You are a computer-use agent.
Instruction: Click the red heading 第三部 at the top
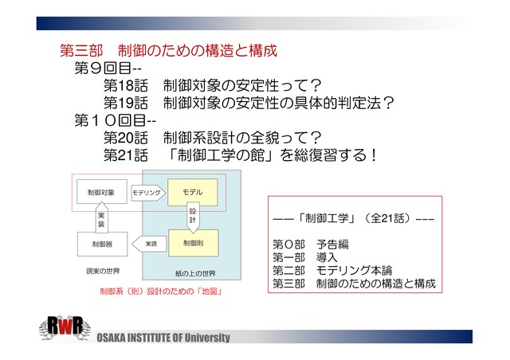(81, 51)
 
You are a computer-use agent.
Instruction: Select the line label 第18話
(126, 85)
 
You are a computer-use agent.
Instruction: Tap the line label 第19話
(126, 103)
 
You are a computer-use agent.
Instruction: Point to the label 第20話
(126, 138)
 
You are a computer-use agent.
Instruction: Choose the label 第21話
(126, 155)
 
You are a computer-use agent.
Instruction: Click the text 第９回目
(103, 68)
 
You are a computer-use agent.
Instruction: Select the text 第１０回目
(110, 120)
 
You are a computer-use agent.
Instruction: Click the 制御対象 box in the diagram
(102, 192)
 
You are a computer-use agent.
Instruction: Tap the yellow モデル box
(193, 192)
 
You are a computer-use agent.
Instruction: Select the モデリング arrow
(148, 193)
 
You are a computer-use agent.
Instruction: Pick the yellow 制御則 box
(193, 243)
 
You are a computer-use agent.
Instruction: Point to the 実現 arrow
(149, 244)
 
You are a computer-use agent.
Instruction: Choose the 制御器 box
(102, 244)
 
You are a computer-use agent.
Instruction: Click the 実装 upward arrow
(101, 217)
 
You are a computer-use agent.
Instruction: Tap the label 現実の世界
(103, 271)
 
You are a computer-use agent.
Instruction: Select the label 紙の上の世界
(195, 273)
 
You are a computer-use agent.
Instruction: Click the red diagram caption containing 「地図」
(161, 291)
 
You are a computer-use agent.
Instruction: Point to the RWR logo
(65, 328)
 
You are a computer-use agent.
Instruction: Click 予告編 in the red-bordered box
(332, 245)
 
